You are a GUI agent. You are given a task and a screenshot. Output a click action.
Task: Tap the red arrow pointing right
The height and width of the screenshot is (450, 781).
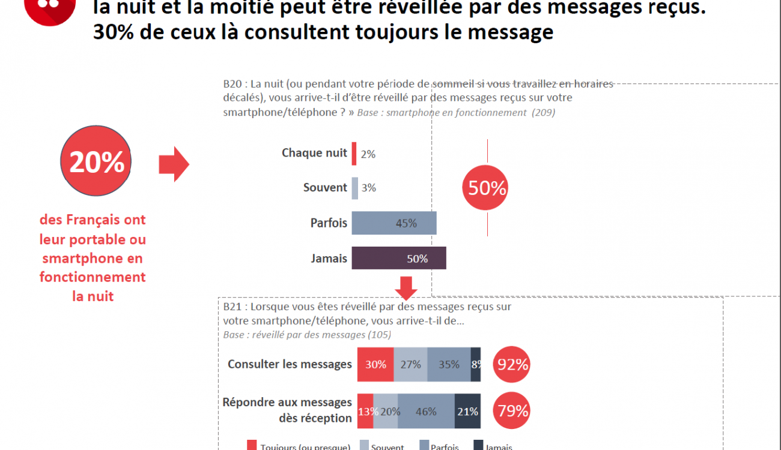click(174, 164)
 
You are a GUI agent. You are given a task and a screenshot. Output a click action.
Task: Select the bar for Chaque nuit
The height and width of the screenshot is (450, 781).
click(354, 153)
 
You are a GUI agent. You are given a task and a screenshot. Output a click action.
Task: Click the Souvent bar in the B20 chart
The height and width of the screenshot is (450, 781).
click(355, 188)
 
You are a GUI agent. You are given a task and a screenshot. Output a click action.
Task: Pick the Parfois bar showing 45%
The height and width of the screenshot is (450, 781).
click(394, 223)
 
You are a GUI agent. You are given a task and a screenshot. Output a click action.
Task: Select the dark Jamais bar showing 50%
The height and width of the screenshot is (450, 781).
click(398, 258)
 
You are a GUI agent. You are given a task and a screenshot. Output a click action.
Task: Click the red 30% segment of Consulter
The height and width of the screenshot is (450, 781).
click(375, 364)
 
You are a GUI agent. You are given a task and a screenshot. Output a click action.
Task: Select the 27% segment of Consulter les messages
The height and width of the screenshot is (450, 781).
click(410, 364)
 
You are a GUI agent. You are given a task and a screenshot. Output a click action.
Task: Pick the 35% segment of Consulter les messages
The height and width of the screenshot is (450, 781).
click(449, 364)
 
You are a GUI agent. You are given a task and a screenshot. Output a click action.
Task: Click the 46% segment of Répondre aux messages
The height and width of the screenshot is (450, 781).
click(426, 411)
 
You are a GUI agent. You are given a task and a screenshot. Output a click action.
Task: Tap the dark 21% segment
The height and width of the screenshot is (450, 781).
click(467, 411)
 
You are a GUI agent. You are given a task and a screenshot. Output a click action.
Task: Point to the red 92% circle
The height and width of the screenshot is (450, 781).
click(512, 364)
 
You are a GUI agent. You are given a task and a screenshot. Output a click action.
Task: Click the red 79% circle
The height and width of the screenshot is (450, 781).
click(512, 410)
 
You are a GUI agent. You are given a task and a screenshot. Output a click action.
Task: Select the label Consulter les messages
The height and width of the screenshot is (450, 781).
click(290, 364)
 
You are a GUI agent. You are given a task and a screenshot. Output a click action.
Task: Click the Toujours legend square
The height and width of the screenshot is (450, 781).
click(252, 445)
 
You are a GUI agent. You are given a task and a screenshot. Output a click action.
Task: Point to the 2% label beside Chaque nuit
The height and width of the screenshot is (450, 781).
click(368, 154)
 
